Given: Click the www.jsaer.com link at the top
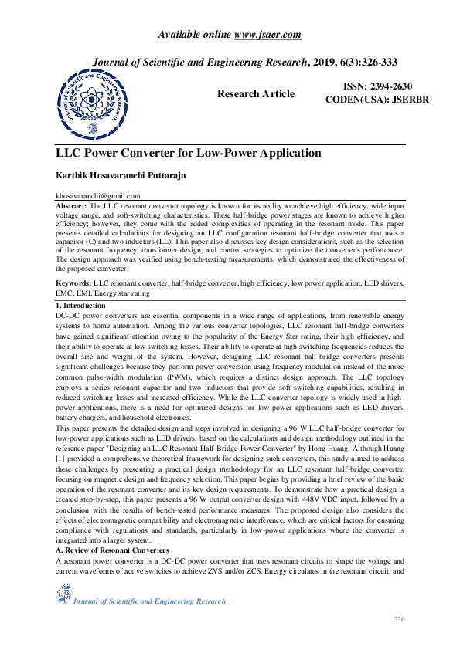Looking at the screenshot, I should (267, 34).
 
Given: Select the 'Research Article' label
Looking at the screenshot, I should (256, 93).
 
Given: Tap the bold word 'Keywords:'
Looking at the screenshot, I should (75, 284).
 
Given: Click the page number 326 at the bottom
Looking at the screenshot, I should (400, 619).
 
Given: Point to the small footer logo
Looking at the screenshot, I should (63, 593).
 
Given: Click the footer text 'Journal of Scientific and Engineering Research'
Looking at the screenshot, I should (149, 601).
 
